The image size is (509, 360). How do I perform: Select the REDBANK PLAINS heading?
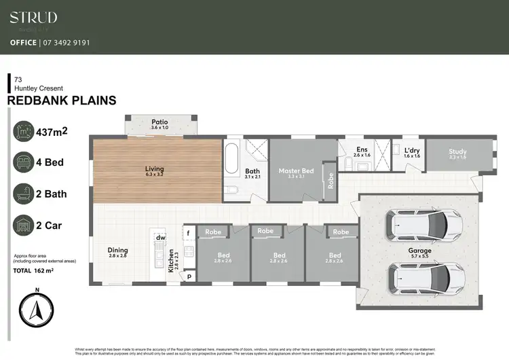(61, 101)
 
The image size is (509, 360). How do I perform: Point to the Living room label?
(154, 169)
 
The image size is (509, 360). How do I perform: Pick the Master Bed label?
(296, 170)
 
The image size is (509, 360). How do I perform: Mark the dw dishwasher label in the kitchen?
(161, 237)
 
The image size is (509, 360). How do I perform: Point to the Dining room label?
(117, 251)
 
